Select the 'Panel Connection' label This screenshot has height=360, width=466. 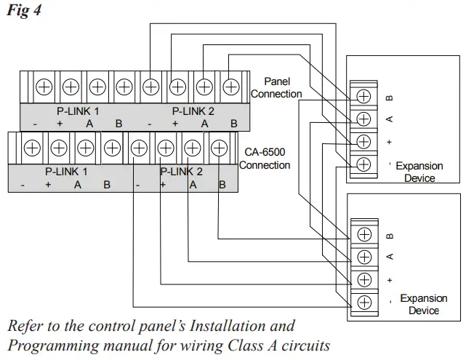tap(276, 88)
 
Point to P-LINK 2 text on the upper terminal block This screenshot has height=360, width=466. tap(193, 111)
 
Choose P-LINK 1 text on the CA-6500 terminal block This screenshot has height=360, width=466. tap(65, 172)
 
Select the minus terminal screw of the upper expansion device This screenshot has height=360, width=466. tap(364, 164)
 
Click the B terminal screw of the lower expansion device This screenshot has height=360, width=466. tap(364, 234)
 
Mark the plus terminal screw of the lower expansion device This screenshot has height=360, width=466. tap(364, 279)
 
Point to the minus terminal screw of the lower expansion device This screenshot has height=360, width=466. tap(364, 301)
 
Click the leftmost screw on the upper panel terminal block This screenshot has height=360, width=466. tap(44, 87)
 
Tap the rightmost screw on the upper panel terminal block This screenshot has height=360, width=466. tap(230, 87)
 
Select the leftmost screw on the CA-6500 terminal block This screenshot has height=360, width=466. tap(32, 148)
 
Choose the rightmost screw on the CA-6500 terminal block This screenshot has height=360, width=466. tap(218, 148)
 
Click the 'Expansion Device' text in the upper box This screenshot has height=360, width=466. tap(419, 172)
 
